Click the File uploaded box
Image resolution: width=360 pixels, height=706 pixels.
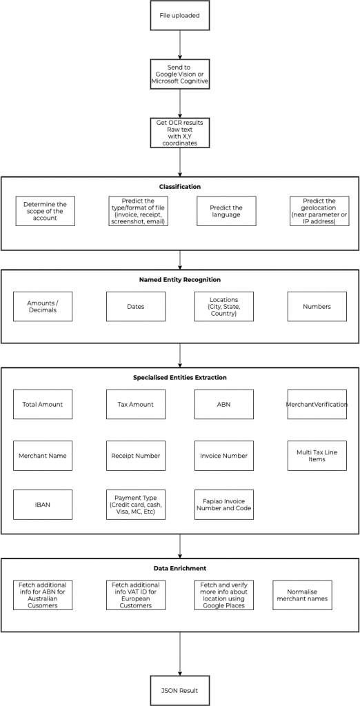(179, 15)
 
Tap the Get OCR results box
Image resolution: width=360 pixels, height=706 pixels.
(179, 132)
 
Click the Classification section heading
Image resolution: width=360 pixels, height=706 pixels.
(180, 186)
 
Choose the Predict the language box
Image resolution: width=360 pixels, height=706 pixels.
(226, 211)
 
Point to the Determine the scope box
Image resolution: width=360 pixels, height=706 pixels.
(45, 211)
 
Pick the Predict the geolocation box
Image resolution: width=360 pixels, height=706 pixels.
(319, 211)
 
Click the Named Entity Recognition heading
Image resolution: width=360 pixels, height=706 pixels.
(180, 280)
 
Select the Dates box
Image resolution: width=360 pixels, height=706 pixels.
(136, 307)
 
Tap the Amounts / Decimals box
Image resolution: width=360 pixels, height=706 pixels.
(43, 307)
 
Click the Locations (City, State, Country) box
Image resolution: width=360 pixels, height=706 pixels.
(224, 307)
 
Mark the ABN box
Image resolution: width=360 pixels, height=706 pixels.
(224, 404)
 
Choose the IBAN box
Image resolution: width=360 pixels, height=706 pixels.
(43, 505)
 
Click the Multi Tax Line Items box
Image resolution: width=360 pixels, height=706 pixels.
(317, 456)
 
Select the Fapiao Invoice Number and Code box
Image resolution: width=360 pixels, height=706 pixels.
(224, 505)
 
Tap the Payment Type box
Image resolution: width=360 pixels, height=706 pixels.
(136, 505)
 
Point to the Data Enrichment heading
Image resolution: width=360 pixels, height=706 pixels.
(180, 568)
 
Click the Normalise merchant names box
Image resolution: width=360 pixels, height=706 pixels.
(302, 595)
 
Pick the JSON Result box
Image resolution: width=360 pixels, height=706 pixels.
(179, 690)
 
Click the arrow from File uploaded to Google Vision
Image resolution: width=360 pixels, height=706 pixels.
(180, 45)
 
